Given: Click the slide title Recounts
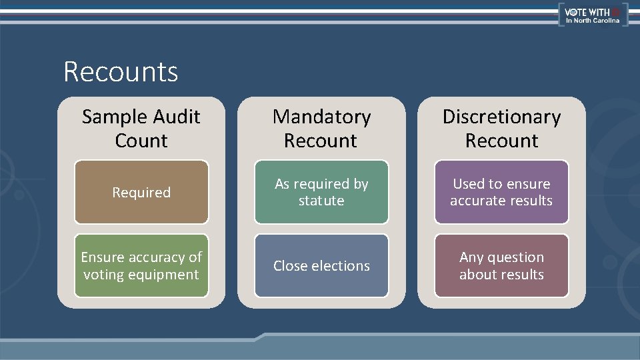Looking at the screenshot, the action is (x=121, y=71).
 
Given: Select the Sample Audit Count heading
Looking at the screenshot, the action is (x=141, y=129).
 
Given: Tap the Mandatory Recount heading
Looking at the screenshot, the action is (x=321, y=129).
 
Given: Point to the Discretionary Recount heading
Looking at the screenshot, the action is (x=501, y=129).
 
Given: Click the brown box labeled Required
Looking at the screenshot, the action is (x=141, y=192).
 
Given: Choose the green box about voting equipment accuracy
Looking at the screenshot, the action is (x=141, y=265).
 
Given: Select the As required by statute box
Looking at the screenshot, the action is (x=321, y=192).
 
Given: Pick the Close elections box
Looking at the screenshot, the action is (x=321, y=265).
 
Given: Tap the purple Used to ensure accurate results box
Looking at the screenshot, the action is (x=501, y=192).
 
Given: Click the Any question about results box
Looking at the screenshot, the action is (x=501, y=265).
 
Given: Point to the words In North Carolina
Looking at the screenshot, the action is (x=593, y=21).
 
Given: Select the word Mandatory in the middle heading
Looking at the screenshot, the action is (x=321, y=117).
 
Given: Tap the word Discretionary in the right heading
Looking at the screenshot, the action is (x=501, y=117).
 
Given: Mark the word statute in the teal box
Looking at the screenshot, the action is (x=321, y=201).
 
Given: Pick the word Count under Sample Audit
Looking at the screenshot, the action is (x=141, y=141).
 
